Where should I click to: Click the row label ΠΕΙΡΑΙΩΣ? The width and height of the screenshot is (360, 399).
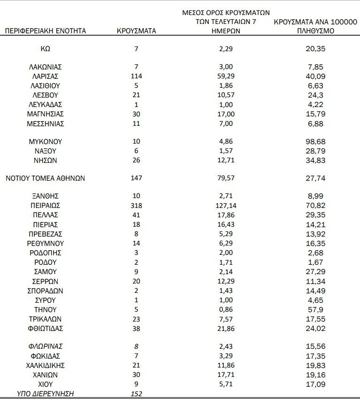coord(46,206)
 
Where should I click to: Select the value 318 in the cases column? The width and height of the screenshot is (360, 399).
coord(136,206)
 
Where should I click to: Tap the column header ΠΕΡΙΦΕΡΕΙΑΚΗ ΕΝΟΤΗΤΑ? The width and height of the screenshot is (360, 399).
coord(46,31)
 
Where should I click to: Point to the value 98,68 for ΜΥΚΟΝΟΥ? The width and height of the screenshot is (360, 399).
coord(315,141)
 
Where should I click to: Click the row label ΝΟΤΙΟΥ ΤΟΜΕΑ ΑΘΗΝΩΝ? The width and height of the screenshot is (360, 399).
coord(46,178)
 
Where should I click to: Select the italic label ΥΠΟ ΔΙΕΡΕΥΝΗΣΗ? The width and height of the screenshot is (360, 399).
coord(46,393)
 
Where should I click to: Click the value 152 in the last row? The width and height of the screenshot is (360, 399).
coord(136,393)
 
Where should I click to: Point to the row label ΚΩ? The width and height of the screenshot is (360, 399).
coord(46,48)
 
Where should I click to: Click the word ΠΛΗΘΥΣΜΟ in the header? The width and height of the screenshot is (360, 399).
coord(315,31)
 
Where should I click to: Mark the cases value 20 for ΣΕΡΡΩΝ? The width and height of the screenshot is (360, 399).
coord(136,281)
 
